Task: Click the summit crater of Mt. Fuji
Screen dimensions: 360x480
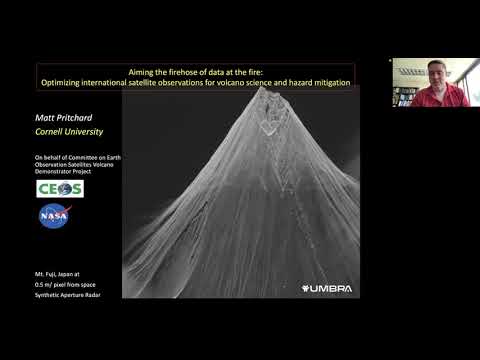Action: tap(269, 124)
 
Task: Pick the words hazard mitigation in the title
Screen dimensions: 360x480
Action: tap(318, 82)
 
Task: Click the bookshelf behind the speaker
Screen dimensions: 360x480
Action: tap(405, 95)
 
